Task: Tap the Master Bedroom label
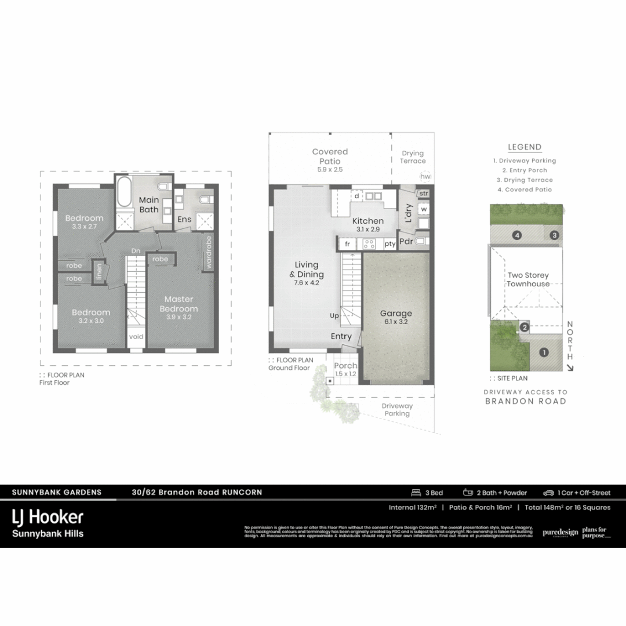(179, 304)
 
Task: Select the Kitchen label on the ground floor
(368, 221)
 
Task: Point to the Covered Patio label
(330, 156)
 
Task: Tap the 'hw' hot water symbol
(425, 176)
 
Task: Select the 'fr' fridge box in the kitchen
(348, 244)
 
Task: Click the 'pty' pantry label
(390, 244)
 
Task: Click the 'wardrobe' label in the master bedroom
(208, 253)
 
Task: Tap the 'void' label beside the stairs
(136, 337)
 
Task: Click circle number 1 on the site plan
(544, 352)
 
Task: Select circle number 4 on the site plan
(516, 235)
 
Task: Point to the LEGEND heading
(524, 147)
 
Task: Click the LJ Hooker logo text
(48, 517)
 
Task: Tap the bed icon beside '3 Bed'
(416, 493)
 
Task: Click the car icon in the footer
(548, 493)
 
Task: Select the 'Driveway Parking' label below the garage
(397, 410)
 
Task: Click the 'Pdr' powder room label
(406, 241)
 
